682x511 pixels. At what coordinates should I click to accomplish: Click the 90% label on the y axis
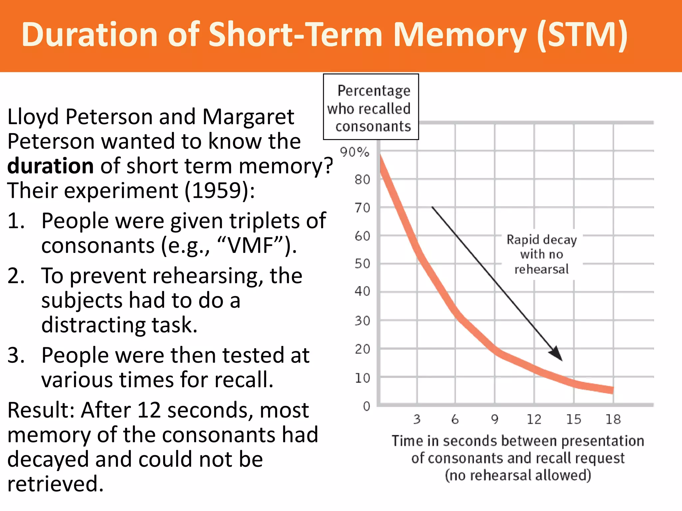pos(355,152)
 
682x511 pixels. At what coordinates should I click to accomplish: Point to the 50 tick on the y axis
pos(362,264)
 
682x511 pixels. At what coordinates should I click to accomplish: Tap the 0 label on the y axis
pos(367,406)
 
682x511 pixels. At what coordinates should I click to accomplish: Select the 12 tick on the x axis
pos(534,419)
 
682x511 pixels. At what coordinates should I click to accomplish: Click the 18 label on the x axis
pos(613,419)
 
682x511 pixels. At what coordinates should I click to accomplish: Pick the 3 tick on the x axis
pos(417,419)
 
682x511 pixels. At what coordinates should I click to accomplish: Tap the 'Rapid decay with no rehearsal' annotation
pos(541,254)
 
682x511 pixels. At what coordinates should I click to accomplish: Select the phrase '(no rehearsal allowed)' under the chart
pos(518,475)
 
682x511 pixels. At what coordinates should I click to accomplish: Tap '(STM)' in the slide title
pos(583,35)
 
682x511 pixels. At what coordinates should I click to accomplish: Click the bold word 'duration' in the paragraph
pos(50,166)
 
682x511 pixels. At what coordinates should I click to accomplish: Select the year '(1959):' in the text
pos(220,191)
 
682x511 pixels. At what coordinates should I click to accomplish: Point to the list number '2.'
pos(16,276)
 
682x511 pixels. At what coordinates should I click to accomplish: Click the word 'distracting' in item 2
pos(94,325)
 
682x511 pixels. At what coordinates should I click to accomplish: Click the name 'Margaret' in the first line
pos(248,117)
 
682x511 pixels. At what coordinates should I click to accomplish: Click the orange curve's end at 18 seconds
pos(612,390)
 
